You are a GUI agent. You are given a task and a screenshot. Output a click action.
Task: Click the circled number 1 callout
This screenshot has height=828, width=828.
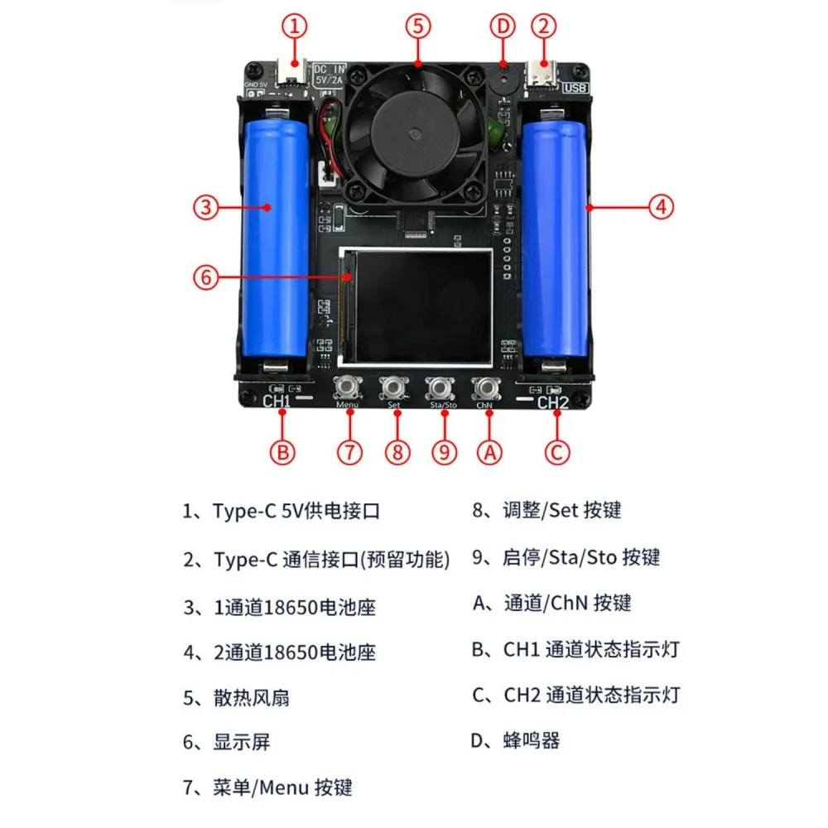pyautogui.click(x=295, y=26)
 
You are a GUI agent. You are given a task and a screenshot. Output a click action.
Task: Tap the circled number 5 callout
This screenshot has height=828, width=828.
pyautogui.click(x=417, y=26)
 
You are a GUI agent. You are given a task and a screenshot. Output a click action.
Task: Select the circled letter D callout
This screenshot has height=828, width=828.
pyautogui.click(x=503, y=26)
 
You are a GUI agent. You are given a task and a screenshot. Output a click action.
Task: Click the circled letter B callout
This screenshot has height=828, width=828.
pyautogui.click(x=282, y=453)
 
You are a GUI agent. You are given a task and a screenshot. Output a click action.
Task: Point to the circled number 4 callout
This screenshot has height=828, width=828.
pyautogui.click(x=661, y=206)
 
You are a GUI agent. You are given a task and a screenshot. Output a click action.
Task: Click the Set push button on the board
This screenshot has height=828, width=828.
pyautogui.click(x=393, y=388)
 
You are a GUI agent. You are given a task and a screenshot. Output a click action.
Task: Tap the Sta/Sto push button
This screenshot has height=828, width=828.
pyautogui.click(x=440, y=388)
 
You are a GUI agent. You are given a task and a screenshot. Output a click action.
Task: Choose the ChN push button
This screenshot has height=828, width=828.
pyautogui.click(x=485, y=388)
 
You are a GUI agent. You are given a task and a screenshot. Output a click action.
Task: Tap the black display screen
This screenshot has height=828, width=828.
pyautogui.click(x=421, y=307)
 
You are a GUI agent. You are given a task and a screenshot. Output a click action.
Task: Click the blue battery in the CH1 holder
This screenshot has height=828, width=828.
pyautogui.click(x=275, y=238)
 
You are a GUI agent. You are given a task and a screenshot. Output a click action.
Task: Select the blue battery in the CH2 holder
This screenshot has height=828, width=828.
pyautogui.click(x=555, y=238)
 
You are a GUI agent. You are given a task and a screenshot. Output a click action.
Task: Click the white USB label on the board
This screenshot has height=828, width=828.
pyautogui.click(x=575, y=88)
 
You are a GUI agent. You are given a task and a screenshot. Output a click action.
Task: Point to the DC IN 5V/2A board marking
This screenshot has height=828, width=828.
pyautogui.click(x=329, y=75)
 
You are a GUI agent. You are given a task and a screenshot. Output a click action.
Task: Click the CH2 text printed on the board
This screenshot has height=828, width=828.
pyautogui.click(x=553, y=403)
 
